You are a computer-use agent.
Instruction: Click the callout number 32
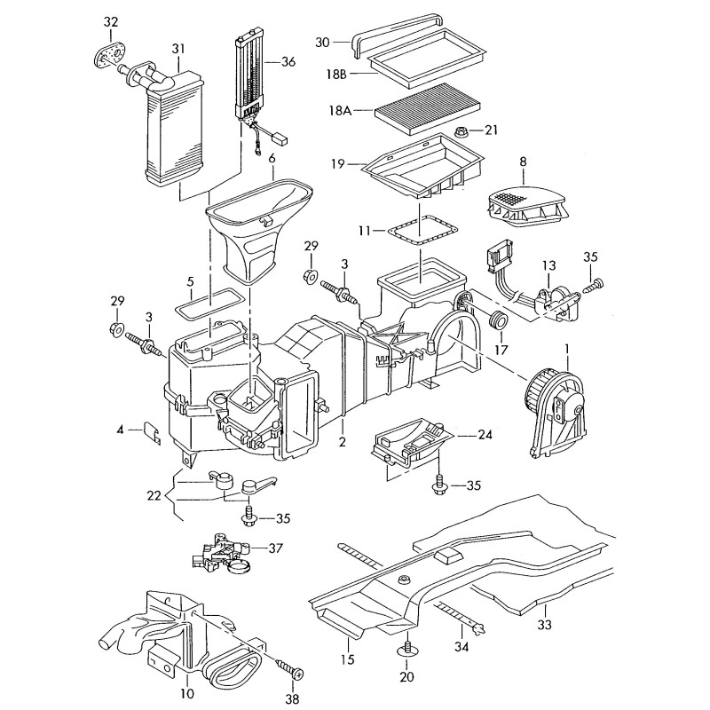coord(110,20)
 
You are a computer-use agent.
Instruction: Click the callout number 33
coord(544,625)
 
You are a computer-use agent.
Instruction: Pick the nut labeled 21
coord(461,133)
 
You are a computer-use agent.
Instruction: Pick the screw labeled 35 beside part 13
coord(596,285)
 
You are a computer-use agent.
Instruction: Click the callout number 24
coord(485,435)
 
